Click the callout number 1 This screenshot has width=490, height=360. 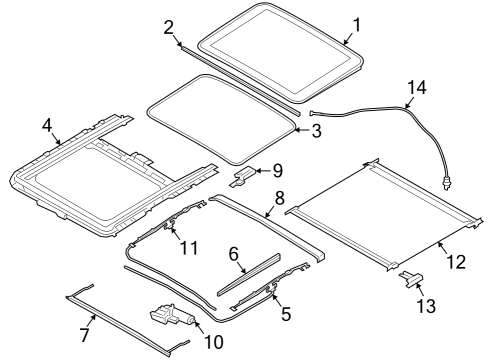pyautogui.click(x=357, y=25)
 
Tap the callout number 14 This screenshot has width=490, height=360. pyautogui.click(x=417, y=87)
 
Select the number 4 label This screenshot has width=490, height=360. pyautogui.click(x=47, y=126)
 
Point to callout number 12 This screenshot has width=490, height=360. pyautogui.click(x=456, y=262)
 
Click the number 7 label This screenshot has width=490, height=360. pyautogui.click(x=85, y=334)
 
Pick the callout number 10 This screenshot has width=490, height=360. pyautogui.click(x=213, y=342)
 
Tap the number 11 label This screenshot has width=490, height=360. pyautogui.click(x=189, y=248)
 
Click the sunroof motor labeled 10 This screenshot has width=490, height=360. pyautogui.click(x=173, y=316)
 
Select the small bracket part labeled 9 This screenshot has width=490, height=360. pyautogui.click(x=243, y=176)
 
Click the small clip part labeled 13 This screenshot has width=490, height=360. pyautogui.click(x=411, y=279)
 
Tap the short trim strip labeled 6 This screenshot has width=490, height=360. pyautogui.click(x=249, y=275)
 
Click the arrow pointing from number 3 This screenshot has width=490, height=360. pyautogui.click(x=303, y=130)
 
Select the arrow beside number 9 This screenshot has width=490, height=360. pyautogui.click(x=263, y=171)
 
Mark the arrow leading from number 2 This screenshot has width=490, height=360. pyautogui.click(x=178, y=42)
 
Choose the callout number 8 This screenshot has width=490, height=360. pyautogui.click(x=279, y=198)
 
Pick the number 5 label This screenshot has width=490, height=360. pyautogui.click(x=286, y=314)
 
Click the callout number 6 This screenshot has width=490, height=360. pyautogui.click(x=234, y=254)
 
